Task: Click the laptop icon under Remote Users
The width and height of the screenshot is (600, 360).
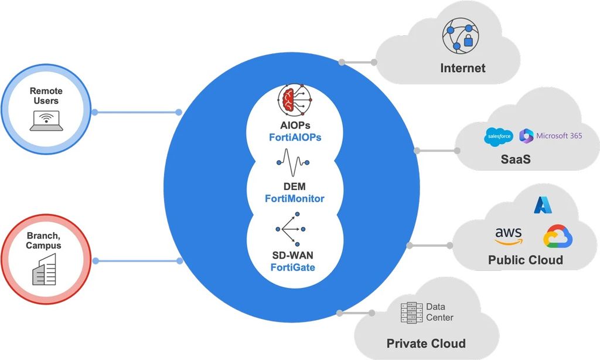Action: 46,121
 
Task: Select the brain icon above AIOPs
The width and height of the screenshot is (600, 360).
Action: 292,101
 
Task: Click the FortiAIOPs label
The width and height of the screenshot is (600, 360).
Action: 292,137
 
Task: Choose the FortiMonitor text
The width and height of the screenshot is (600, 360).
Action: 294,198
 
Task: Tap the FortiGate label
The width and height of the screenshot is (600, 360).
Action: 293,267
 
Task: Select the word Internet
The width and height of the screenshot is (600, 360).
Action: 463,68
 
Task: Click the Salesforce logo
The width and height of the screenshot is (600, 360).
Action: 499,137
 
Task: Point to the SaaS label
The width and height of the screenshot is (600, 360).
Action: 516,159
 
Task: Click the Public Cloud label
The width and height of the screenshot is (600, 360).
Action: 526,260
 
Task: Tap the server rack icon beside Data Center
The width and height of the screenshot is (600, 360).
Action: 411,313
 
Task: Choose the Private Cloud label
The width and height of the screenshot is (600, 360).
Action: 426,344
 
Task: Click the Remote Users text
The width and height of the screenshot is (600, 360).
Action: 46,96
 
